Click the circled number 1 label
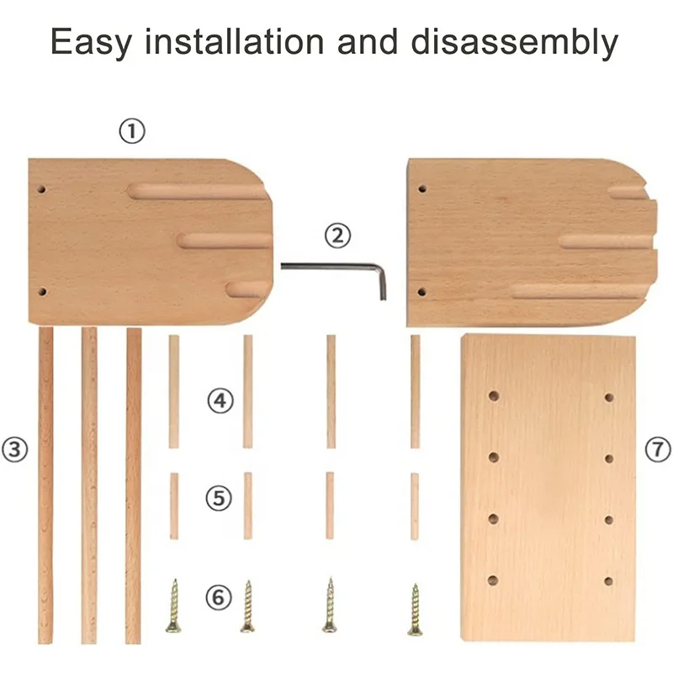point(131,131)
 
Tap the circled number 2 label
point(337,236)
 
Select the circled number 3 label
point(15,448)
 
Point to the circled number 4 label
point(220,400)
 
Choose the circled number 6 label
point(218,598)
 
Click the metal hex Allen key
point(336,268)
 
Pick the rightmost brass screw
point(415,610)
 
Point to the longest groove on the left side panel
point(199,191)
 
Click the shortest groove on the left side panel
point(244,289)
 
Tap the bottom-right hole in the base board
point(608,580)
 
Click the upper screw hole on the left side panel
point(41,189)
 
